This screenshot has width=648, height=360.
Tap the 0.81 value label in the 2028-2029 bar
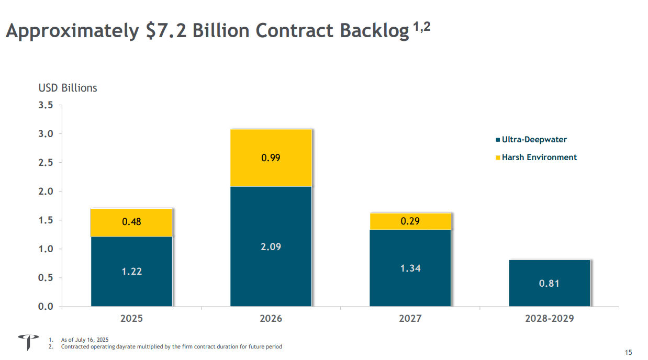(549, 284)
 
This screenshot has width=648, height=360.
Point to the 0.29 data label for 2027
(410, 221)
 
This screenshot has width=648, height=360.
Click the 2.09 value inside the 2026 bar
(271, 246)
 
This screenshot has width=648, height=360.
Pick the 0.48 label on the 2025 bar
(131, 222)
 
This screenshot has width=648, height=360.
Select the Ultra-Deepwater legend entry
(534, 140)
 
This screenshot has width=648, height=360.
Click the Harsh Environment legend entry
(539, 157)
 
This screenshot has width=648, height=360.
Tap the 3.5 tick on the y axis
(46, 105)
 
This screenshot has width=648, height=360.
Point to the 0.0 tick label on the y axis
(46, 307)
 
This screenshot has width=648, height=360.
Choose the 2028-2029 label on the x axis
(549, 319)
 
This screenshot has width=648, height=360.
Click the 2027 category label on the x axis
(410, 319)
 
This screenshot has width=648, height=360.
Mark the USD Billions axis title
(68, 88)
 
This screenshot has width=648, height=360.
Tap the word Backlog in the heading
(374, 31)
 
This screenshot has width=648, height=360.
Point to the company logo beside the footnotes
(28, 342)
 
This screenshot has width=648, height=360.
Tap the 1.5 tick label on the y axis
(46, 220)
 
